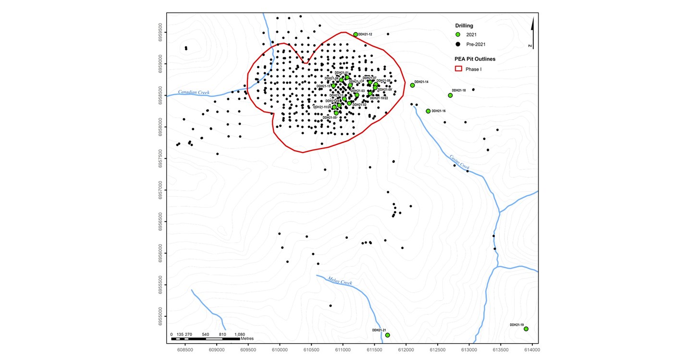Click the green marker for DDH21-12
pyautogui.click(x=356, y=35)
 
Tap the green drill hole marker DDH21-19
pyautogui.click(x=526, y=329)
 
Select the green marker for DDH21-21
pyautogui.click(x=387, y=335)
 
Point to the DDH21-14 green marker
pyautogui.click(x=412, y=85)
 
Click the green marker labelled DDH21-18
pyautogui.click(x=450, y=95)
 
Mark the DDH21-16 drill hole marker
pyautogui.click(x=428, y=111)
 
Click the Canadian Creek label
pyautogui.click(x=193, y=92)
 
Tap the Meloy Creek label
pyautogui.click(x=340, y=281)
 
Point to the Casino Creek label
pyautogui.click(x=459, y=161)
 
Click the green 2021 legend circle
pyautogui.click(x=458, y=35)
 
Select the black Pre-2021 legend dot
pyautogui.click(x=458, y=44)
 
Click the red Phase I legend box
pyautogui.click(x=458, y=69)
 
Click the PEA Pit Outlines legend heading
pyautogui.click(x=475, y=59)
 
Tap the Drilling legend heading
pyautogui.click(x=464, y=25)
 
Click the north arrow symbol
pyautogui.click(x=532, y=34)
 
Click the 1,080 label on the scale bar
pyautogui.click(x=239, y=334)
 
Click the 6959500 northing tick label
pyautogui.click(x=161, y=33)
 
